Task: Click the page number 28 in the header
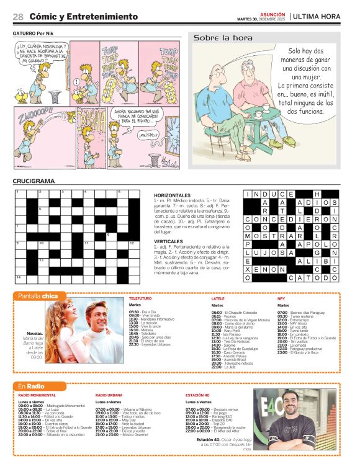18,17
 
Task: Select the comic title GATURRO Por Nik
35,33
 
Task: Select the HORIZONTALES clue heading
173,195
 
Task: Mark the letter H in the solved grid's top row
317,194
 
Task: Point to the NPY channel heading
281,298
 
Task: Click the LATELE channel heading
217,298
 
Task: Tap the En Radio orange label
30,386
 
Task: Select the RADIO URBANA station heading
109,395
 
